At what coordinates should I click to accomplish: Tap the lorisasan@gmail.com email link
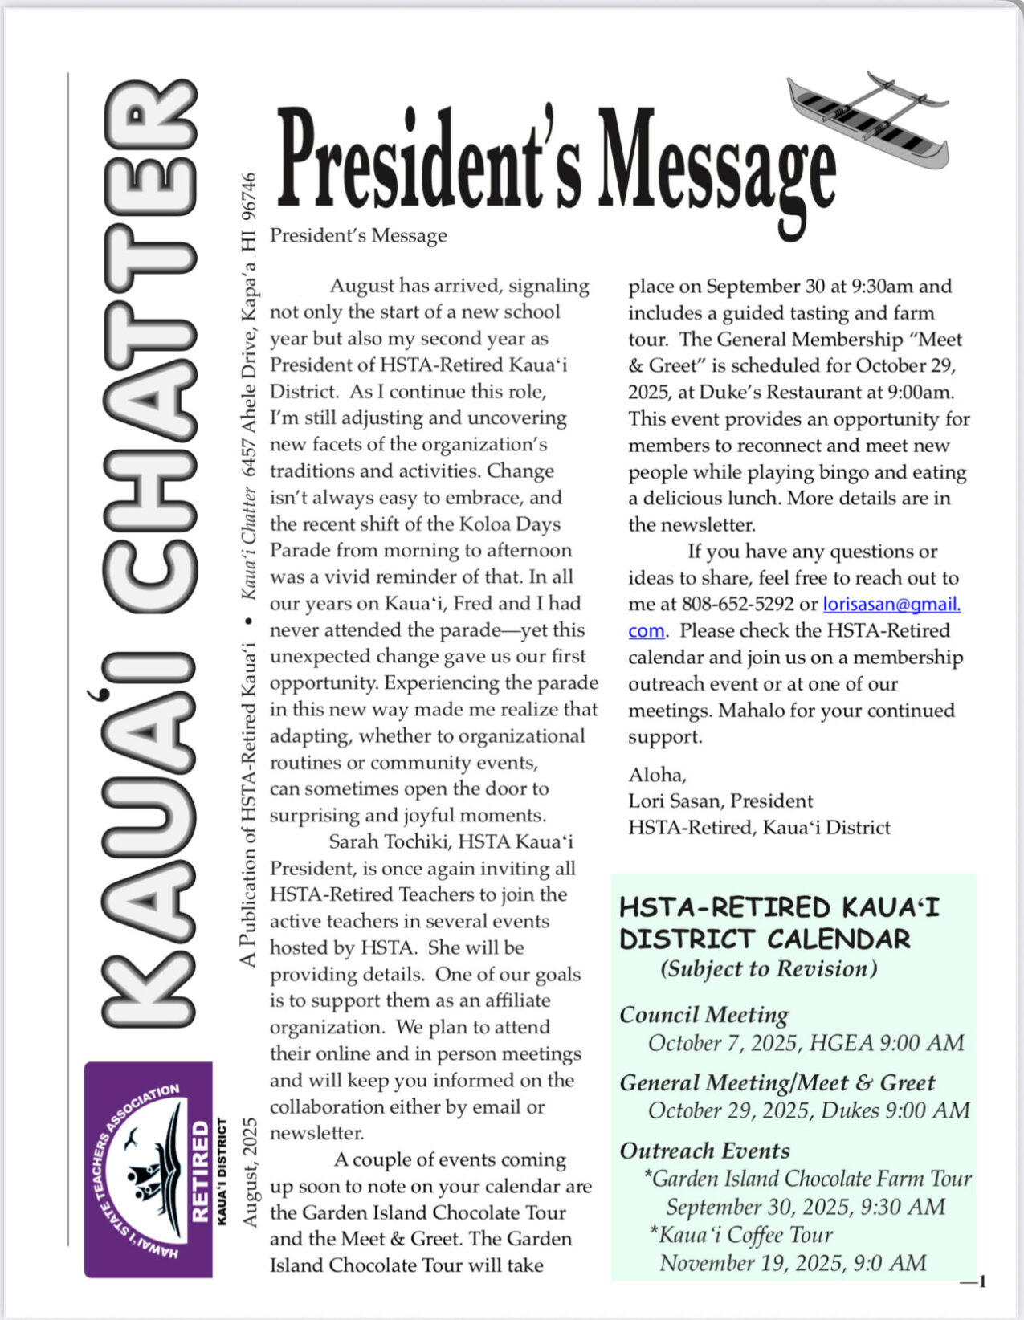click(891, 604)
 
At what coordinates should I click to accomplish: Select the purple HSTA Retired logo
click(148, 1169)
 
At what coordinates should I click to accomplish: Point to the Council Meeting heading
click(704, 1015)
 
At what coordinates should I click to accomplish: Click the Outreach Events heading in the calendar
click(704, 1151)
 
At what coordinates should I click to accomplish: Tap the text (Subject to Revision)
click(769, 968)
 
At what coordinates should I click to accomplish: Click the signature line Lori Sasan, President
click(720, 801)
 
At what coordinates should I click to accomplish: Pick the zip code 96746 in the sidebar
click(249, 198)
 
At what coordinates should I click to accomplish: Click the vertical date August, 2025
click(250, 1171)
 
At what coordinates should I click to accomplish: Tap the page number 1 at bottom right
click(981, 1281)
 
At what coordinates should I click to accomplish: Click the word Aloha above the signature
click(656, 774)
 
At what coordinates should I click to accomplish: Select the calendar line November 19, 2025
click(792, 1263)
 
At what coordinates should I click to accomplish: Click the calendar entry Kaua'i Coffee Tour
click(740, 1235)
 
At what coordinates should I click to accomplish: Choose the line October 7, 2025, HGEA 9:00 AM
click(806, 1043)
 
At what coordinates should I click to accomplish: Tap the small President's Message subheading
click(358, 235)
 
